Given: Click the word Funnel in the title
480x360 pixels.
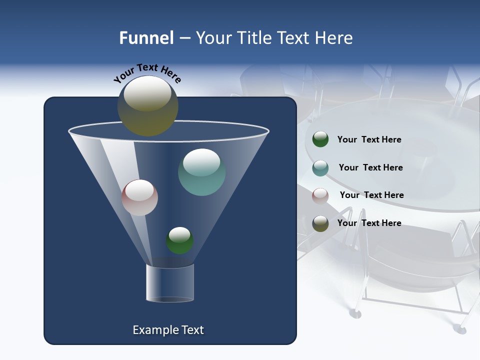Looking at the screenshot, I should [146, 38].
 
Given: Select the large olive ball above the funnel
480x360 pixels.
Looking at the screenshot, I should [148, 106].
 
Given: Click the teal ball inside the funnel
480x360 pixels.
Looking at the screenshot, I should [202, 172].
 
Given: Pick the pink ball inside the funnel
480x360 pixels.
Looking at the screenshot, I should [139, 197].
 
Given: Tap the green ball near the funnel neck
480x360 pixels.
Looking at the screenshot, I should [180, 240].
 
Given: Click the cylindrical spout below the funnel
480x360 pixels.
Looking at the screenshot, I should [170, 282].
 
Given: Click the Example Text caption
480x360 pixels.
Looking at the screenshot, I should [168, 330].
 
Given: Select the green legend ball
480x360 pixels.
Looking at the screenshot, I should [320, 139].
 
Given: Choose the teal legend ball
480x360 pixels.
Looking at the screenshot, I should [320, 168].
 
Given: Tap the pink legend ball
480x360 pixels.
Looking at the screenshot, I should [320, 196].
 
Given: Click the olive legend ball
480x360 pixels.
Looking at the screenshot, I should [320, 223].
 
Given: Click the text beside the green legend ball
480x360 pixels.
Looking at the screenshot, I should [369, 140].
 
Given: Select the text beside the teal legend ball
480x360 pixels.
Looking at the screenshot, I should [370, 168].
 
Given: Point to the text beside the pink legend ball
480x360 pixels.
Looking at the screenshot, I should [371, 195].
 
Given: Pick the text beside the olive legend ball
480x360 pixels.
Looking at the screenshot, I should [369, 223].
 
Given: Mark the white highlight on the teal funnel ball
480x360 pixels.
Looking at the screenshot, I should [201, 161].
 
